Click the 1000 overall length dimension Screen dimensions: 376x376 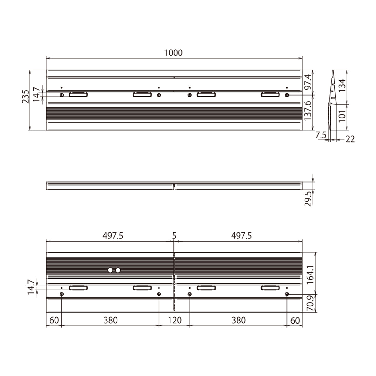(x=173, y=53)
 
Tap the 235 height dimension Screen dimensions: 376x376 (x=25, y=97)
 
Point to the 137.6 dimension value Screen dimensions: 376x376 (x=308, y=110)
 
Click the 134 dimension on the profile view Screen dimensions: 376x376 (x=342, y=86)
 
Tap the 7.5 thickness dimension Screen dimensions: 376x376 (x=321, y=135)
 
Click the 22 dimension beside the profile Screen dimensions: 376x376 (x=350, y=139)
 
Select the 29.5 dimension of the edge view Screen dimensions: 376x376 (x=308, y=199)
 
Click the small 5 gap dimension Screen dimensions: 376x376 (x=174, y=236)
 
